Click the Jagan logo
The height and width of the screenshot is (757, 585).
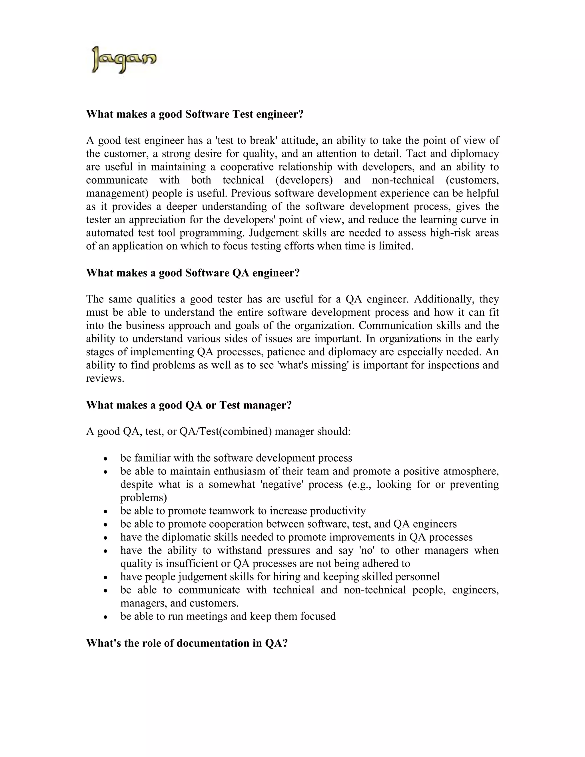[124, 60]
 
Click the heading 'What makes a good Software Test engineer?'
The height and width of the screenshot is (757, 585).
[195, 114]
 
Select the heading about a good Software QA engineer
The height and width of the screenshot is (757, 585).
[193, 273]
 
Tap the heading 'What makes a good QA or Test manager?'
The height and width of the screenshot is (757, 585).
[189, 405]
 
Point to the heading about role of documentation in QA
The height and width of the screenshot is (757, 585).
[187, 643]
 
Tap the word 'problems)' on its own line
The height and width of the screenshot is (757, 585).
[143, 498]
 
